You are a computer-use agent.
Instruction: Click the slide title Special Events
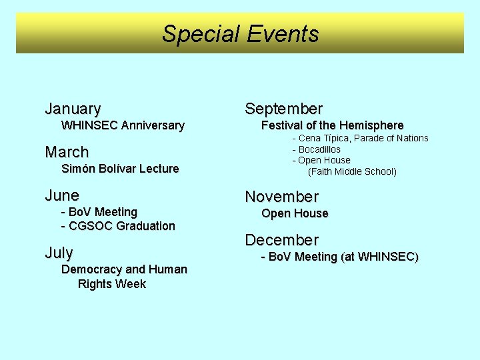coord(240,33)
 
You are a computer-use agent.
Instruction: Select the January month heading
coord(73,109)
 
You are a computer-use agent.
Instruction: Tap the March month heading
coord(67,152)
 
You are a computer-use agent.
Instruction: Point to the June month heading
coord(62,195)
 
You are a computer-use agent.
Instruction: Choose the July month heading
coord(59,253)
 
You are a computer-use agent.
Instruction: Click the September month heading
coord(283,109)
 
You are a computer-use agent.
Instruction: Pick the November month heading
coord(282,197)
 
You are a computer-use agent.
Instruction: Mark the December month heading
coord(282,240)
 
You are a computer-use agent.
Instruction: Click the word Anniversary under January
coord(153,125)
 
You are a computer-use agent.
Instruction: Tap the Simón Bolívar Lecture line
coord(120,169)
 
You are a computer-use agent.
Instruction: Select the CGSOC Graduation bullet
coord(118,226)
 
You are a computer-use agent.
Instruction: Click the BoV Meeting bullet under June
coord(99,212)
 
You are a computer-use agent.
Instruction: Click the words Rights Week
coord(112,284)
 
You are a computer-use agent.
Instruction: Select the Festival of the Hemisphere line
coord(332,125)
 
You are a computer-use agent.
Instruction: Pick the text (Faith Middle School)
coord(352,172)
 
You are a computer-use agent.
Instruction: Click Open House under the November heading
coord(295,213)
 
